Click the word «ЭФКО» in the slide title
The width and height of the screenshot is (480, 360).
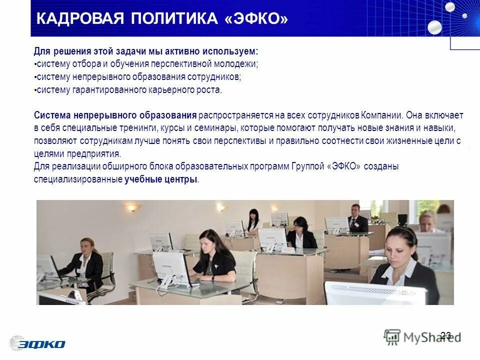256,19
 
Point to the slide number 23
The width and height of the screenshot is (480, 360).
446,335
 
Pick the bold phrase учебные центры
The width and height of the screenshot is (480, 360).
161,179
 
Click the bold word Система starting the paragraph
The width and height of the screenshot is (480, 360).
50,115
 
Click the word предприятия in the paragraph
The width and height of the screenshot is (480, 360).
98,154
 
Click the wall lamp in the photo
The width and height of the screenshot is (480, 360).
131,207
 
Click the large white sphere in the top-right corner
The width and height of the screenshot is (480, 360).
434,27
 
